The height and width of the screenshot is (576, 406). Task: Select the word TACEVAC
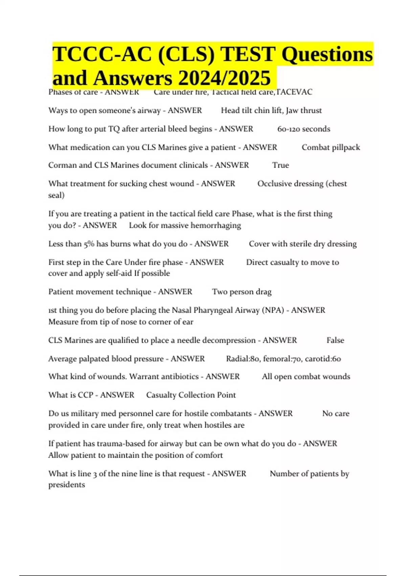pyautogui.click(x=294, y=92)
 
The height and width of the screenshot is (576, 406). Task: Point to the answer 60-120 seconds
pyautogui.click(x=303, y=129)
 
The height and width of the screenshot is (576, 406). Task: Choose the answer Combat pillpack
pyautogui.click(x=331, y=147)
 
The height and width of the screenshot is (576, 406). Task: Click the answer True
pyautogui.click(x=280, y=165)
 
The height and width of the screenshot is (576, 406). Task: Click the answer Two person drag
pyautogui.click(x=242, y=292)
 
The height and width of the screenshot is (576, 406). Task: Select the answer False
pyautogui.click(x=335, y=341)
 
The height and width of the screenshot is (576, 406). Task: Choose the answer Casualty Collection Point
pyautogui.click(x=191, y=395)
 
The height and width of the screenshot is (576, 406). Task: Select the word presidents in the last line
pyautogui.click(x=66, y=485)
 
